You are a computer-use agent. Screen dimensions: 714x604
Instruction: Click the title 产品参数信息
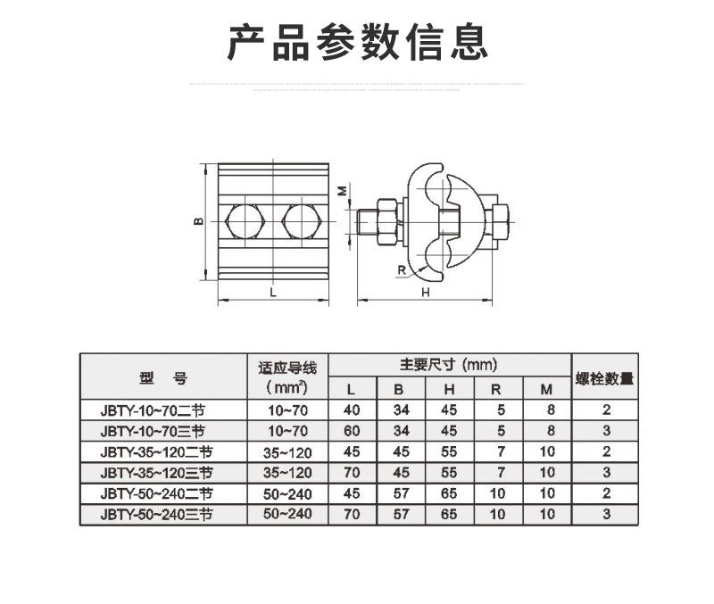point(358,42)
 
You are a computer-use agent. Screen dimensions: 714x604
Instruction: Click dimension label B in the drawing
point(201,221)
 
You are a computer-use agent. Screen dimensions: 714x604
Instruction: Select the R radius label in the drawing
point(402,269)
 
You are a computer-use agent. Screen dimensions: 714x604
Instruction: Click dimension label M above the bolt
point(342,190)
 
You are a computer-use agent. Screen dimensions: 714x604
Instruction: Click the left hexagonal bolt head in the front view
point(244,222)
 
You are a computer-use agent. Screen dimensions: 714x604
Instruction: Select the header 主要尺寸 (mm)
point(448,365)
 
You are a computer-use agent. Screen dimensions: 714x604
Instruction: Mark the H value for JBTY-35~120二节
point(449,451)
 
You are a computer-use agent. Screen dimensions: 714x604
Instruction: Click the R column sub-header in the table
point(497,389)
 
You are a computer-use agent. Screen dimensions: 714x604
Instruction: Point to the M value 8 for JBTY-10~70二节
point(548,410)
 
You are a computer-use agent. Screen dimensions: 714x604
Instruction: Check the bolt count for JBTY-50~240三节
point(606,514)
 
